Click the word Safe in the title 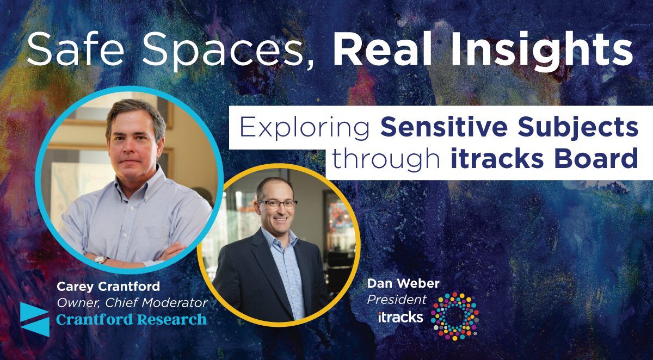point(75,48)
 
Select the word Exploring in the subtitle point(305,128)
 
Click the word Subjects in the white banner point(578,128)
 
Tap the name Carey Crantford point(108,287)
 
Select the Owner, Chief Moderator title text point(132,303)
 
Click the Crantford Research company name point(132,319)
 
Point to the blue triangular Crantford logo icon point(35,319)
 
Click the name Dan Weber point(403,283)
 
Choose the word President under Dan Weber point(397,300)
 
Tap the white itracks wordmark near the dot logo point(401,317)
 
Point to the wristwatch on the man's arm point(101,259)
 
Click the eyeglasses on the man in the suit point(277,203)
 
